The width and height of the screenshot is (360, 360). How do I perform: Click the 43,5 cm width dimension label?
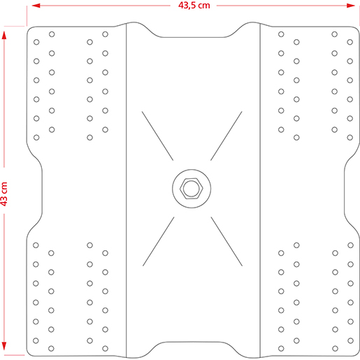click(x=193, y=6)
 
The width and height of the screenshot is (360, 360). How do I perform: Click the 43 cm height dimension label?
click(x=5, y=194)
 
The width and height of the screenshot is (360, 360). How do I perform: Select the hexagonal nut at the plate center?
click(x=190, y=189)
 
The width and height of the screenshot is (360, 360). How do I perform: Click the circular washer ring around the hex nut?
click(x=178, y=189)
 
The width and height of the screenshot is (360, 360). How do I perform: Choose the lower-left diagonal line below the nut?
click(x=158, y=242)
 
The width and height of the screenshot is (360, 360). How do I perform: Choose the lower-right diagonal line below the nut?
click(x=225, y=242)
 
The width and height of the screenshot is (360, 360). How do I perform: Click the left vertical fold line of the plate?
click(x=125, y=189)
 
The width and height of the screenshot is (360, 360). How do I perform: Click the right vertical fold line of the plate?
click(x=259, y=189)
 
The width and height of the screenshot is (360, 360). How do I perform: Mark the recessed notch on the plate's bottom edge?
click(x=192, y=342)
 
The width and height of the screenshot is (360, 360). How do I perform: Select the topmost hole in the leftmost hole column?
click(x=36, y=41)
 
